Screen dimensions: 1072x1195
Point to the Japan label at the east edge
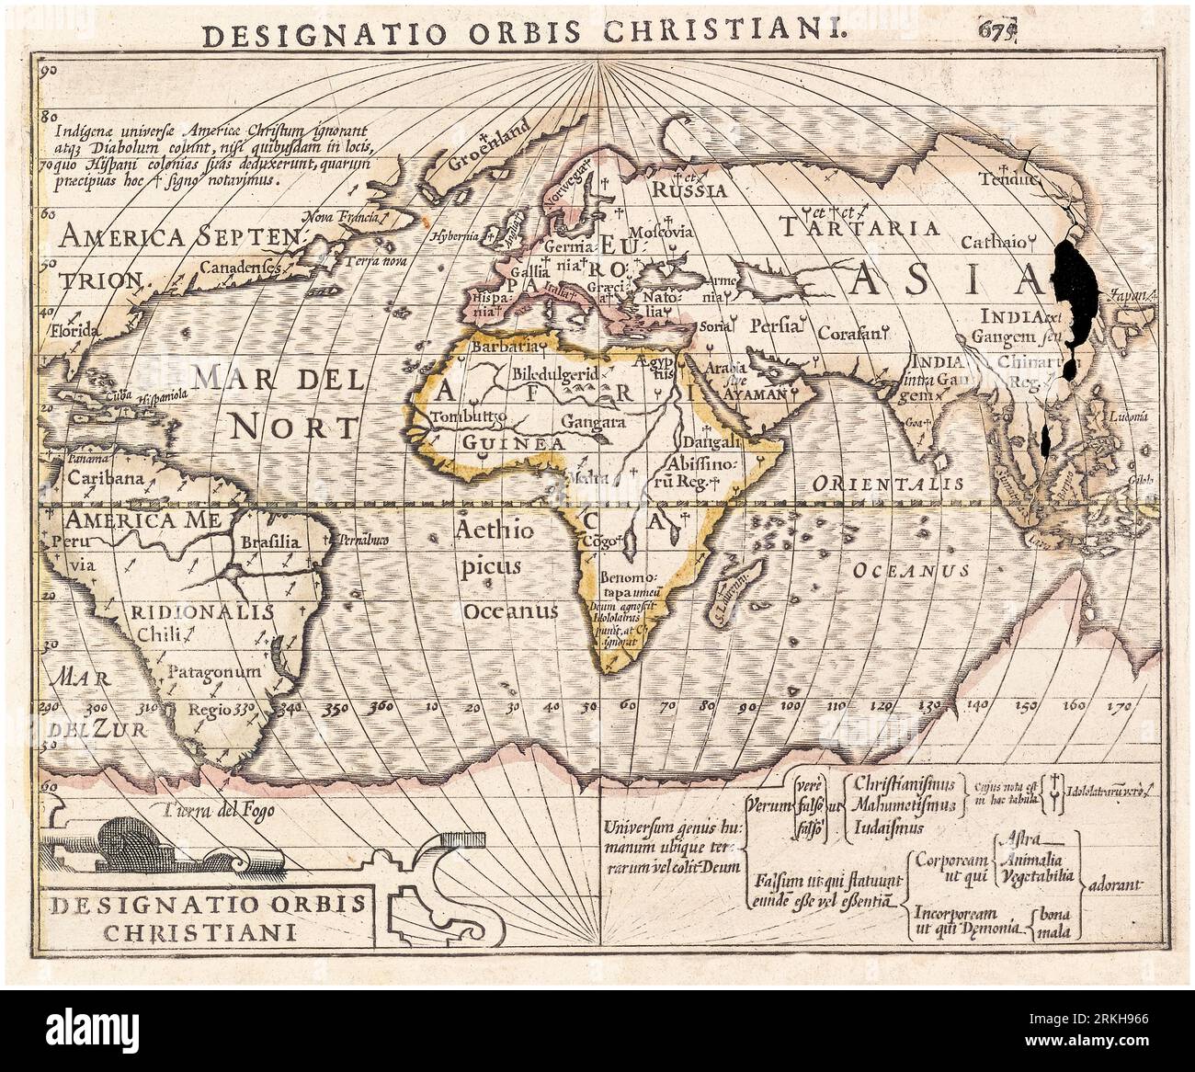click(x=1128, y=296)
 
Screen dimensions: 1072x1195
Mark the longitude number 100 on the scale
click(x=789, y=706)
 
